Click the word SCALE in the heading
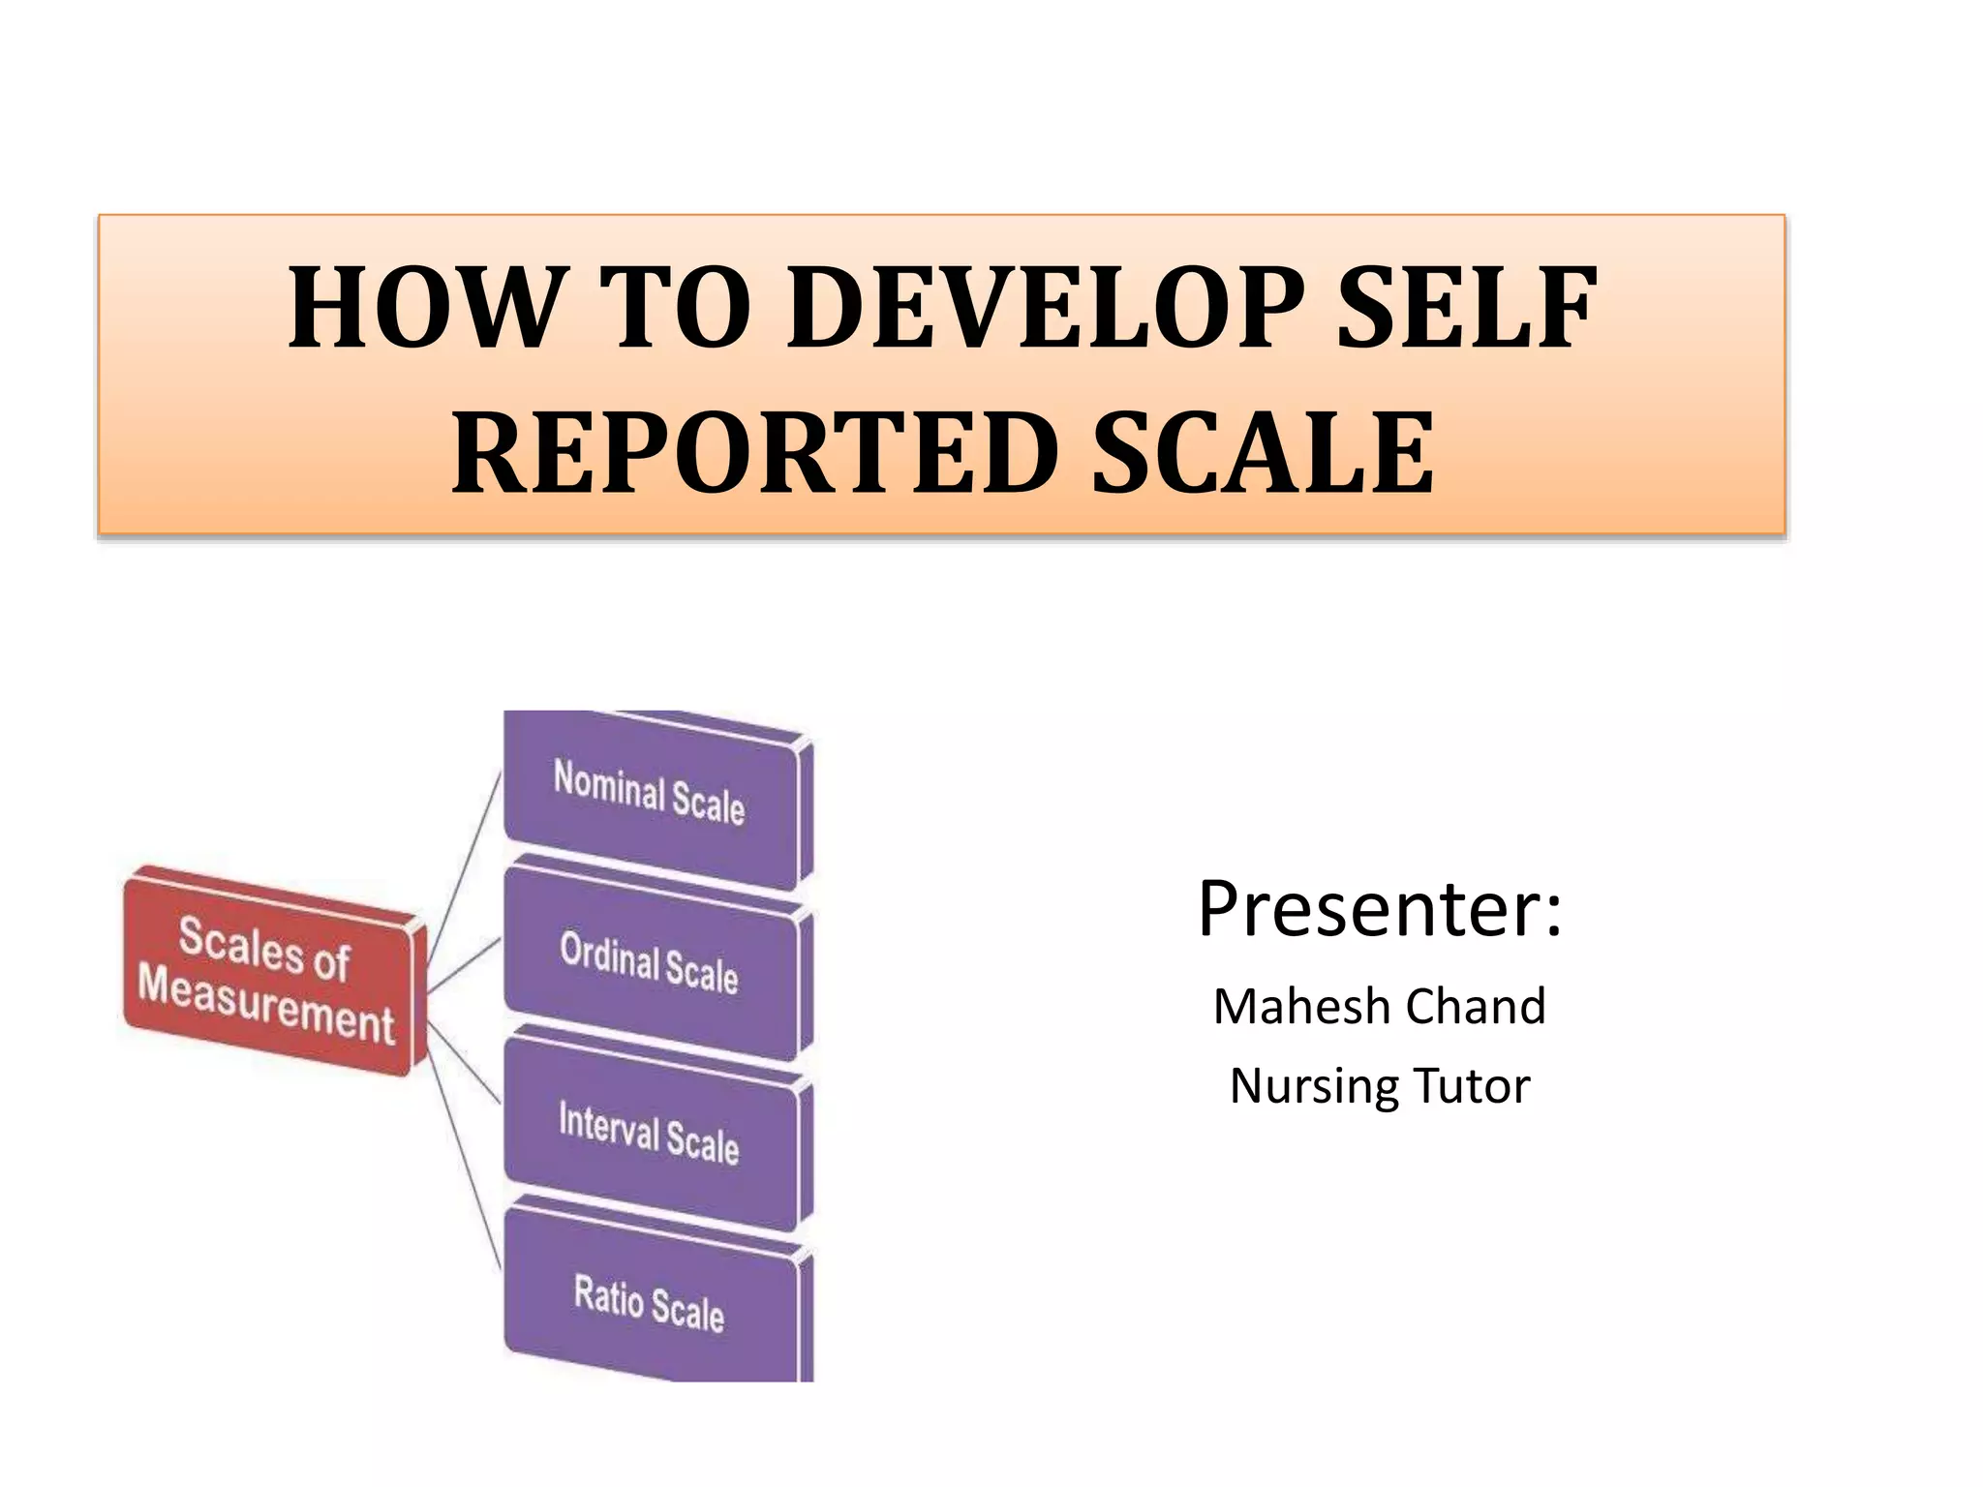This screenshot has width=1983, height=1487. tap(1263, 452)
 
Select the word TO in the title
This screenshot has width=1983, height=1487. tap(675, 308)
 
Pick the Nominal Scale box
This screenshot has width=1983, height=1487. tap(651, 799)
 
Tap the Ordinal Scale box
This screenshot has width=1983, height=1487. tap(651, 963)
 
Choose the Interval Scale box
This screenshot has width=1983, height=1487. tap(651, 1133)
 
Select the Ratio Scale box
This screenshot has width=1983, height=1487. tap(651, 1302)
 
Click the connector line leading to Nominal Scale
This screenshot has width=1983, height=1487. tap(465, 866)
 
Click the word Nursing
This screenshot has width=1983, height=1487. tap(1313, 1086)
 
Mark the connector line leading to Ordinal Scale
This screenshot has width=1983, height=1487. tap(465, 965)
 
